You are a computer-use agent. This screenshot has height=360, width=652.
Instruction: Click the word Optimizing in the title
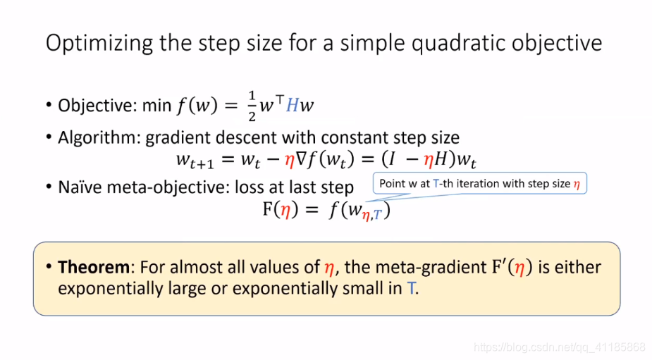(x=99, y=43)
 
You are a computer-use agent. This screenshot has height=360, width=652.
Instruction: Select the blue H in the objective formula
(x=292, y=105)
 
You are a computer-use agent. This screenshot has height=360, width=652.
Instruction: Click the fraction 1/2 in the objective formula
(x=252, y=106)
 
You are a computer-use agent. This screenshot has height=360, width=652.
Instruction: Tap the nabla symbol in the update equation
(x=302, y=159)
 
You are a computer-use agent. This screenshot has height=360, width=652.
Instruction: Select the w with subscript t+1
(x=195, y=161)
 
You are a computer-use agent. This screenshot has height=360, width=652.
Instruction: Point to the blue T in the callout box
(x=436, y=184)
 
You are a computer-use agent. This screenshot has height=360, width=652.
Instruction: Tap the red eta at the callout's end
(x=577, y=184)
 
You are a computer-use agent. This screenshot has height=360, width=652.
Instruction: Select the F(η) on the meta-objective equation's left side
(x=281, y=210)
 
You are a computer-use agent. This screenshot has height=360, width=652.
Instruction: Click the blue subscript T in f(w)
(x=377, y=215)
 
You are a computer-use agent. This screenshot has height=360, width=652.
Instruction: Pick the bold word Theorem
(x=94, y=267)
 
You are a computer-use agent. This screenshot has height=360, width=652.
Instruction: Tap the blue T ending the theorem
(x=411, y=288)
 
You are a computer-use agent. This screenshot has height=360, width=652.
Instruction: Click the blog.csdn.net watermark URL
(x=559, y=347)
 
